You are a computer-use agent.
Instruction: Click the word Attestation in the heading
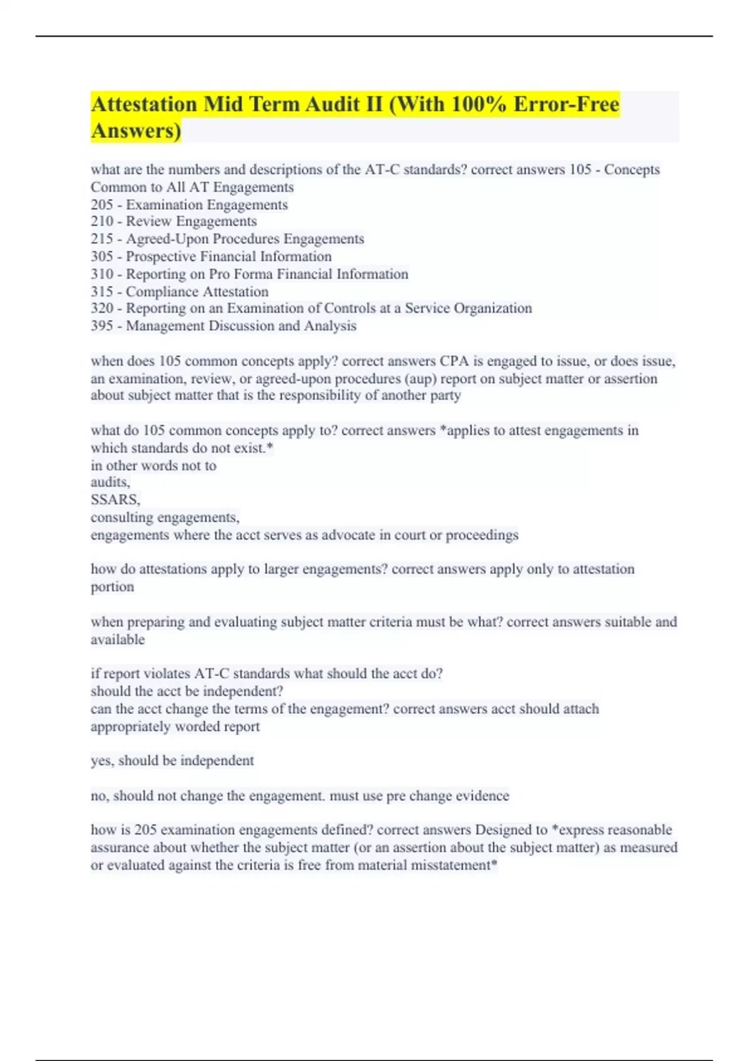(144, 104)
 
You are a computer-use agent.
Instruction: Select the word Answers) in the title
(136, 130)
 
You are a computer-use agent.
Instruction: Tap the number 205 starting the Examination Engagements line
(102, 205)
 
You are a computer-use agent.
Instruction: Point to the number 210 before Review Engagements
(102, 222)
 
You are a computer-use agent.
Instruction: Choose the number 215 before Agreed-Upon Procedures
(102, 239)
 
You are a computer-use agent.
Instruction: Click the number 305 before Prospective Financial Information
(102, 257)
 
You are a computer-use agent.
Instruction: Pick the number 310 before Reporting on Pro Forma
(102, 274)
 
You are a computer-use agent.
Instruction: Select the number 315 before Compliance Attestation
(102, 291)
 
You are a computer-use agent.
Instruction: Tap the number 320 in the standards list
(102, 308)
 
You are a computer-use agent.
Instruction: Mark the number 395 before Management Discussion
(102, 326)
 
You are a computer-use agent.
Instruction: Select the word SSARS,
(115, 500)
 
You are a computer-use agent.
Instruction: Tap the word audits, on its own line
(110, 482)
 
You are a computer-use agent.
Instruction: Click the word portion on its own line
(112, 587)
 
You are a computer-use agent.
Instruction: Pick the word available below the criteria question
(117, 640)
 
